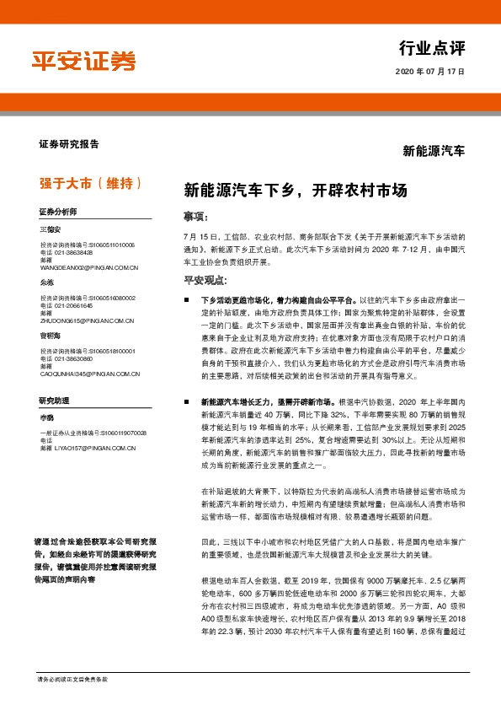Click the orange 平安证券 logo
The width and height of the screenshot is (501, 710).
[x=83, y=62]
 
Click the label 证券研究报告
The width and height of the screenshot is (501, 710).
[x=68, y=144]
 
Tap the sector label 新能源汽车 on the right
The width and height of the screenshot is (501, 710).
[x=434, y=152]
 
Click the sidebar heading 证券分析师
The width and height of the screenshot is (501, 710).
[x=57, y=211]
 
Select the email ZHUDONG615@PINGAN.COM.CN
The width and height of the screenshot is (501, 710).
[x=86, y=320]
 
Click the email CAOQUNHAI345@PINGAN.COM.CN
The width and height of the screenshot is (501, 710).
[x=89, y=373]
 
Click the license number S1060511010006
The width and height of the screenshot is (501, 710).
[x=112, y=245]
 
